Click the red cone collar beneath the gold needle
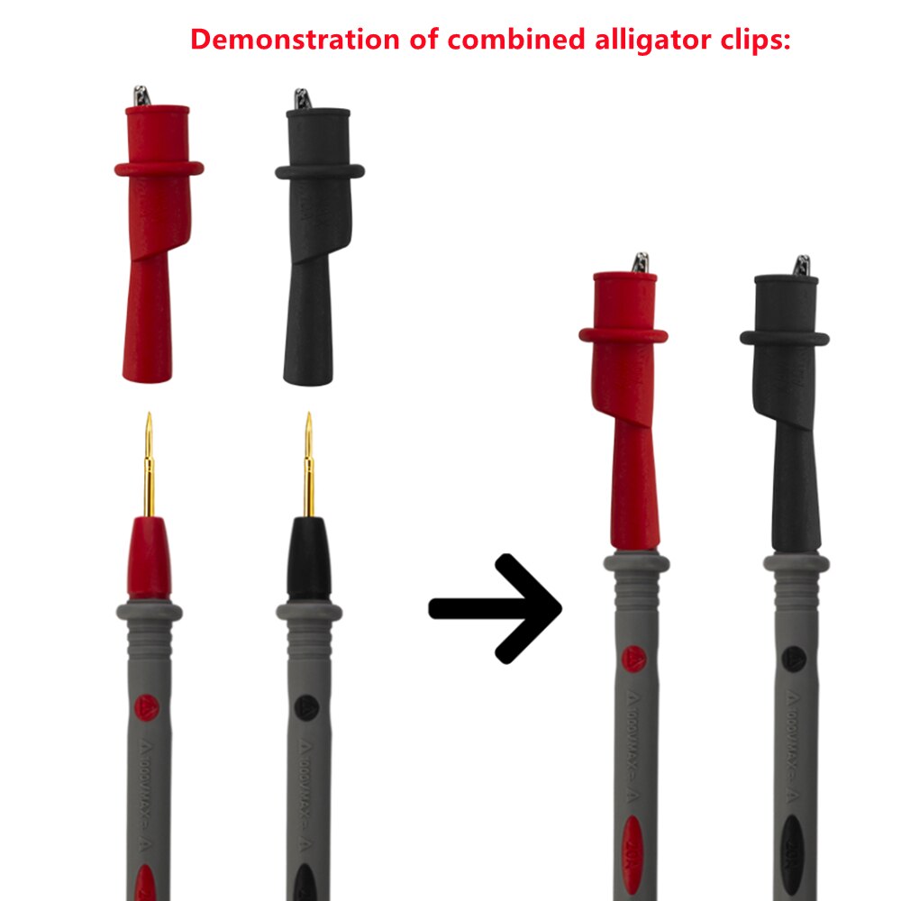149,559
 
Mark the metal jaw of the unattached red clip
141,94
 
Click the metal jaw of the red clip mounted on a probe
641,263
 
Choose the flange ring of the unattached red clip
159,168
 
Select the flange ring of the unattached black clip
320,170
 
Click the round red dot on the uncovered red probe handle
147,707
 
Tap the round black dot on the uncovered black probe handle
305,707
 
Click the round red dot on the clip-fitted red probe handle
633,660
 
